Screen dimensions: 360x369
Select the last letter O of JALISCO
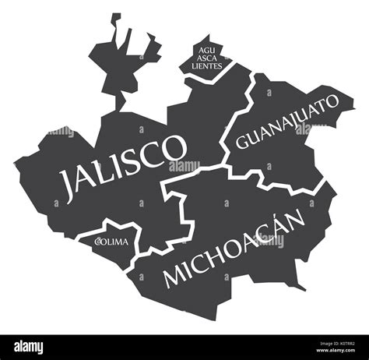(x=178, y=146)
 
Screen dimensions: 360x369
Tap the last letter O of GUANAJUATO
(x=332, y=102)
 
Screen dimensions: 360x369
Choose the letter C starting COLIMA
(x=97, y=242)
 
